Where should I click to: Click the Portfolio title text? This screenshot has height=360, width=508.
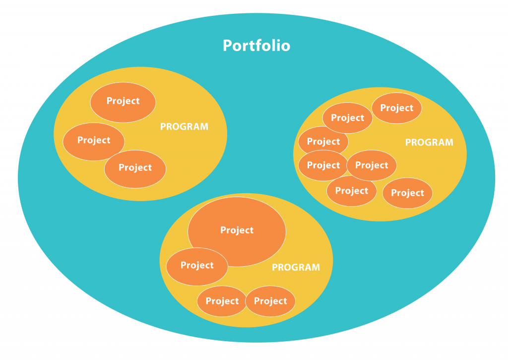click(256, 46)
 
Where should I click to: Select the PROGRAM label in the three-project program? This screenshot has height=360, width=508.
click(184, 127)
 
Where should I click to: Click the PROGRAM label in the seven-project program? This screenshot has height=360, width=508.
click(429, 143)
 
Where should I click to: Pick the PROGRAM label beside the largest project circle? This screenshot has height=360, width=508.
click(296, 267)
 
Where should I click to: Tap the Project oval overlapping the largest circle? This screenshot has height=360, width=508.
click(196, 266)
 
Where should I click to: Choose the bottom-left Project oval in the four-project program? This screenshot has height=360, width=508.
click(222, 301)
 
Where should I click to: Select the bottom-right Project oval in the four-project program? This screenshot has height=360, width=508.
click(270, 301)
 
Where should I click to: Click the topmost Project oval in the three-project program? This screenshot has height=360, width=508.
click(123, 101)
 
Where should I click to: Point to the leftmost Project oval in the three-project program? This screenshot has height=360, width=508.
click(93, 141)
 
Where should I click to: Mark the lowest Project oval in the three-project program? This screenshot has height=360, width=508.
click(135, 168)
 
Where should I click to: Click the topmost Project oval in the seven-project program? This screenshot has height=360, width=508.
click(396, 108)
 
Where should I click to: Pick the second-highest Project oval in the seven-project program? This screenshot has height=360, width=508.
click(347, 118)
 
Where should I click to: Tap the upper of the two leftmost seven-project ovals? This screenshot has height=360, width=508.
click(323, 142)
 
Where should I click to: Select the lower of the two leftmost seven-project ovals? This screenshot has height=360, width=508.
click(323, 165)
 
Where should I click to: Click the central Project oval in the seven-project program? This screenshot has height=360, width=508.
click(372, 165)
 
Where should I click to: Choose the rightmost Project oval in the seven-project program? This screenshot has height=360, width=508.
click(407, 193)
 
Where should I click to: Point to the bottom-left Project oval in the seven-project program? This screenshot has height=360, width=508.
click(351, 191)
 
